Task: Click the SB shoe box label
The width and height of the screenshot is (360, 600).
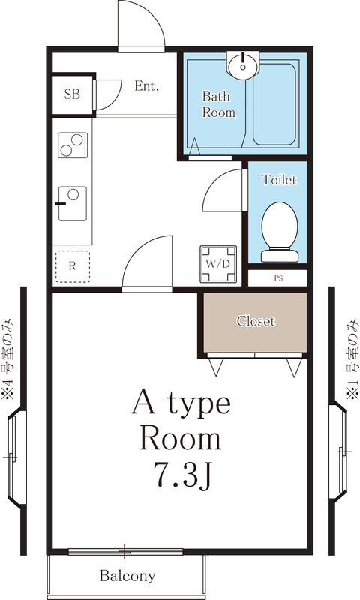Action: pyautogui.click(x=72, y=94)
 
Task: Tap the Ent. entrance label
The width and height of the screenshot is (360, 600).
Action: pyautogui.click(x=147, y=86)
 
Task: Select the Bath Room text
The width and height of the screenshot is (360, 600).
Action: pyautogui.click(x=218, y=104)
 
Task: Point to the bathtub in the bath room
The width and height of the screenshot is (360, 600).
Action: pyautogui.click(x=276, y=105)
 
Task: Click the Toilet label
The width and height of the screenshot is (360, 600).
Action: pyautogui.click(x=279, y=180)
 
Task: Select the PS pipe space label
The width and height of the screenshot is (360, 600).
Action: pyautogui.click(x=278, y=277)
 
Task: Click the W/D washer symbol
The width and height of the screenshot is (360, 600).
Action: pyautogui.click(x=217, y=264)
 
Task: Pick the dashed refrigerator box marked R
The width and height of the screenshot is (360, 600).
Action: pyautogui.click(x=73, y=265)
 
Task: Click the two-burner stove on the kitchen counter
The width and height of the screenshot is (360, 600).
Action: pyautogui.click(x=73, y=145)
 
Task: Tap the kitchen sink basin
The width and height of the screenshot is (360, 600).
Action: pyautogui.click(x=73, y=202)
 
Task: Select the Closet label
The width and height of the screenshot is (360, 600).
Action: pyautogui.click(x=256, y=322)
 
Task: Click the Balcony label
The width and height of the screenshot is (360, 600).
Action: pyautogui.click(x=127, y=576)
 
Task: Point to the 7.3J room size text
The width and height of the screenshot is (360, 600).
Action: pyautogui.click(x=181, y=474)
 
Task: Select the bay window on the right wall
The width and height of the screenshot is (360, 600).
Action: pyautogui.click(x=342, y=451)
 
